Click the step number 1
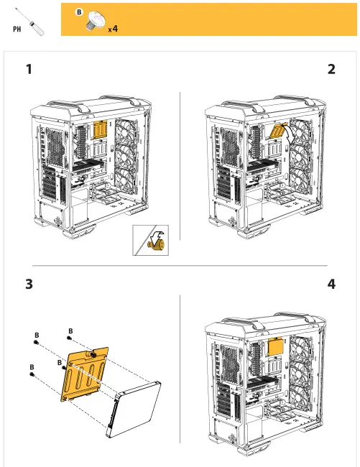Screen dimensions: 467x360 point(29,70)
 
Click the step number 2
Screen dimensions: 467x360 point(331,70)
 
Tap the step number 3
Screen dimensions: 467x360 point(29,285)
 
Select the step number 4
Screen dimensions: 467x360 point(331,285)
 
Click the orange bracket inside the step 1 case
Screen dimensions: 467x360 point(101,131)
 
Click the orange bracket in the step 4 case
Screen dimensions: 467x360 point(275,346)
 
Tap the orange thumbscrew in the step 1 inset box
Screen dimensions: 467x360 point(153,244)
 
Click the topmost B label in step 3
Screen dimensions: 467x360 point(70,331)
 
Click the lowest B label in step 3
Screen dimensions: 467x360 point(32,367)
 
